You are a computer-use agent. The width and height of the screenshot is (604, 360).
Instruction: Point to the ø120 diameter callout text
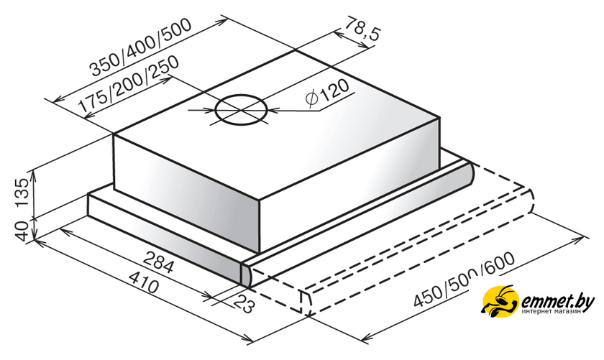coord(327,93)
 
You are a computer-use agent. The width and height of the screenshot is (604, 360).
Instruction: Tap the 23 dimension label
coord(245,304)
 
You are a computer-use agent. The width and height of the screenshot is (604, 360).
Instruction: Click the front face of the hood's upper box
coord(187,193)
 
